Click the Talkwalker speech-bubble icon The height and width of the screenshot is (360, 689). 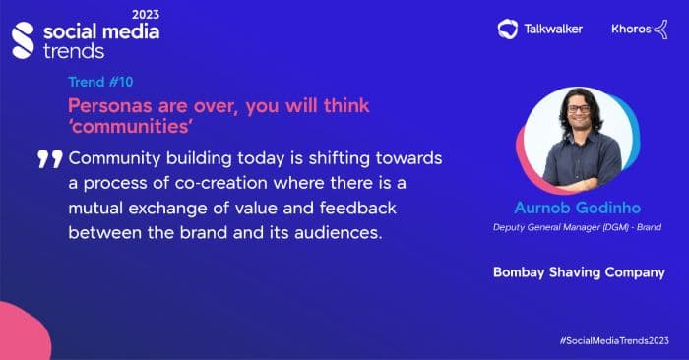coord(508,29)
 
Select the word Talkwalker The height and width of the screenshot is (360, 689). coord(552,29)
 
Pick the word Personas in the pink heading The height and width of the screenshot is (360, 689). coord(106,105)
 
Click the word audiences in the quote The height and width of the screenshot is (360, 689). coord(340,232)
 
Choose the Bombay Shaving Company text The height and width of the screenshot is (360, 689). coord(579,272)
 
